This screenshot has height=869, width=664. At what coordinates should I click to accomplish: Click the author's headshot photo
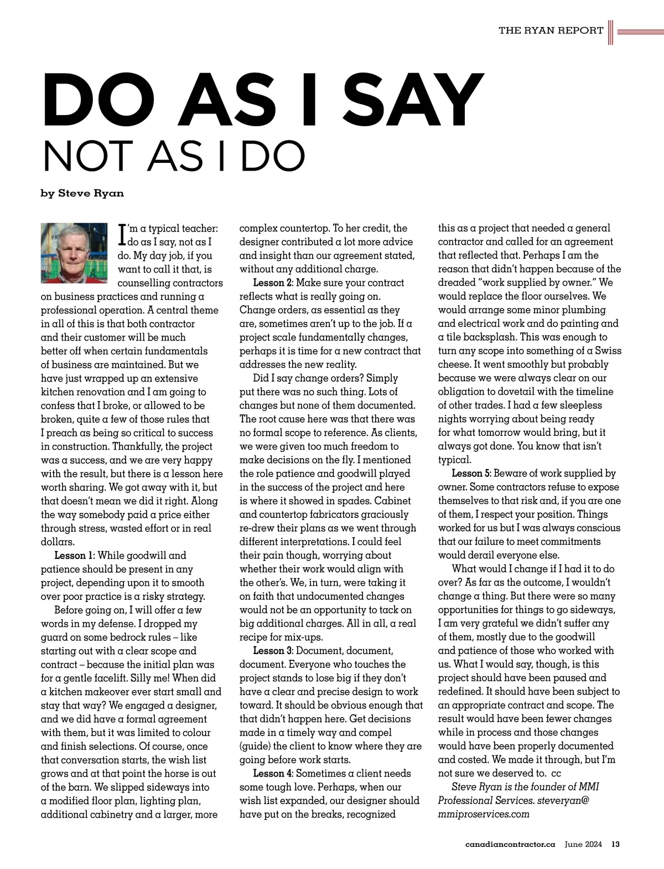(x=74, y=253)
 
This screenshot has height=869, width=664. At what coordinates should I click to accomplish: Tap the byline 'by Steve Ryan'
(x=82, y=193)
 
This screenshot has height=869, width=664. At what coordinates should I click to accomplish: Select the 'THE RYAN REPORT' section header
(x=551, y=30)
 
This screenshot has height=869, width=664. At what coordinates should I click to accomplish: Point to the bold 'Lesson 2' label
(x=273, y=283)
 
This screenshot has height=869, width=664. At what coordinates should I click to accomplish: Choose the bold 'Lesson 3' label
(x=273, y=651)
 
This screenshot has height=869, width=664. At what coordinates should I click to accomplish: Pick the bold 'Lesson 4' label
(x=273, y=774)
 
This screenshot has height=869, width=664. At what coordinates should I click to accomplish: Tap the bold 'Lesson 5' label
(x=471, y=474)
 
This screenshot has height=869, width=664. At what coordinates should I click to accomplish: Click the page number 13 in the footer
(x=615, y=845)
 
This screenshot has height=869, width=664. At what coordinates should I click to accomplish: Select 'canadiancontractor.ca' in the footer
(x=510, y=845)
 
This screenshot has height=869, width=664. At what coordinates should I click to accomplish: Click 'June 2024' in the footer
(x=583, y=845)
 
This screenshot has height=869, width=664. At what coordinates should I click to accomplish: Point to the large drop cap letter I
(x=123, y=235)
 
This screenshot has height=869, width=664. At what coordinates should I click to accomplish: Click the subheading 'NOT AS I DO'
(x=174, y=157)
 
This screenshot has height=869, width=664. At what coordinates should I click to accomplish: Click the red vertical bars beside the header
(x=611, y=32)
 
